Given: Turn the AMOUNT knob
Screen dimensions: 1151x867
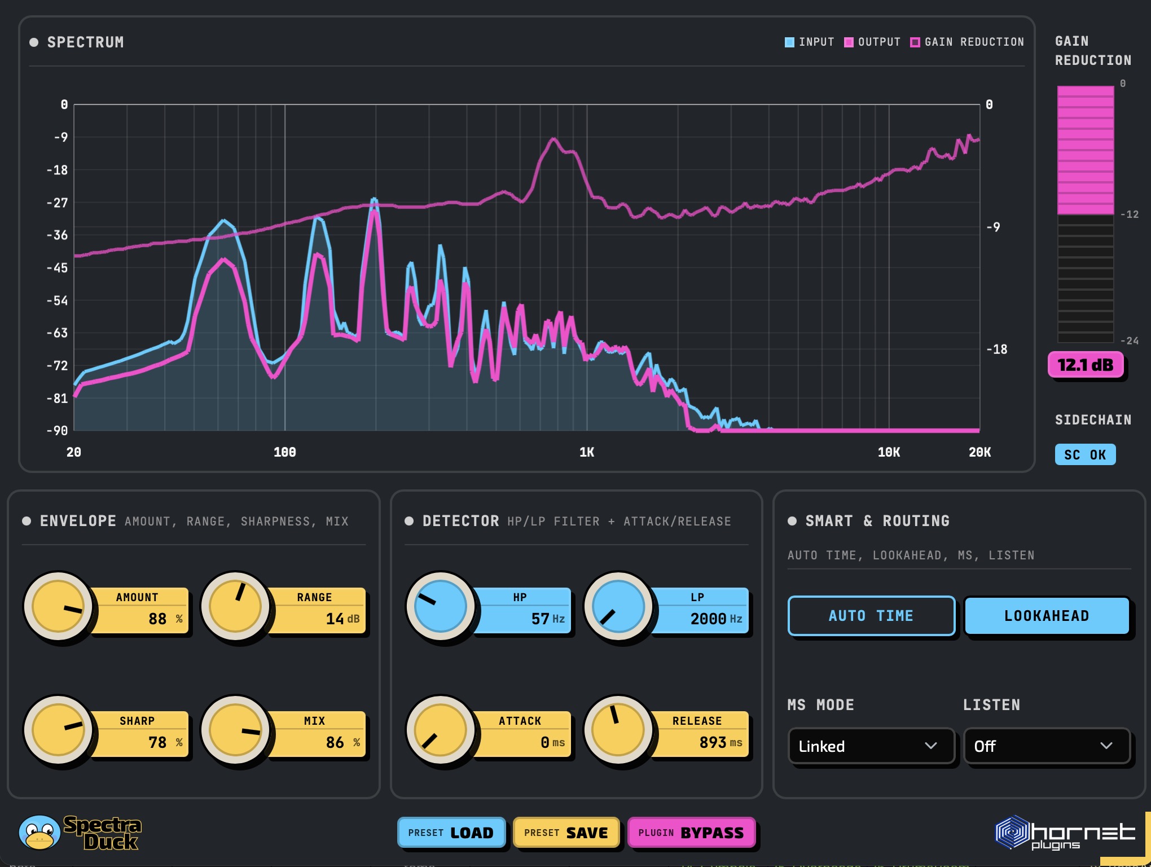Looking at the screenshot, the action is click(x=58, y=606).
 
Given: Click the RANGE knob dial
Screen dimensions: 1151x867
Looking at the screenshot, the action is click(x=235, y=606).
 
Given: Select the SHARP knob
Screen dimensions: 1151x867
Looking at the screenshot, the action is click(x=58, y=730).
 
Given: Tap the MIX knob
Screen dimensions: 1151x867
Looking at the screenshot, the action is click(x=235, y=730).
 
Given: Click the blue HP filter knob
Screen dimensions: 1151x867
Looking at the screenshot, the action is click(x=441, y=606).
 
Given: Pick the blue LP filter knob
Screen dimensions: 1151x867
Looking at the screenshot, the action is click(x=618, y=606).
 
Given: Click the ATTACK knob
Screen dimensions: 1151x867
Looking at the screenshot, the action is click(x=441, y=730).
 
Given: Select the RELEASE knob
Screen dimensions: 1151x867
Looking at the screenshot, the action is click(x=618, y=730).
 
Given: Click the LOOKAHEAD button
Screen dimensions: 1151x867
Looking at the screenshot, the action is click(x=1047, y=616).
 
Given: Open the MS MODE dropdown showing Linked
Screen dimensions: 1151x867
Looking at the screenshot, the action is click(x=871, y=746).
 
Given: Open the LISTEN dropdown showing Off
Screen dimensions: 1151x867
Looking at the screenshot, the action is click(x=1047, y=746).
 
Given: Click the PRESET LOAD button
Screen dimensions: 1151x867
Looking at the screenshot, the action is click(x=451, y=833).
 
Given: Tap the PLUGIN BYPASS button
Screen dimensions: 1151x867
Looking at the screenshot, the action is click(x=691, y=833).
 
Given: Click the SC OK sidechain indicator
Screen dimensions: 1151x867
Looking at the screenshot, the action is click(x=1085, y=455).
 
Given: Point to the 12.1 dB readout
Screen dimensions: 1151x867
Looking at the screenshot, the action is click(x=1086, y=365).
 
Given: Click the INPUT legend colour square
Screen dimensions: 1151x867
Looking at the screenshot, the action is click(x=789, y=42).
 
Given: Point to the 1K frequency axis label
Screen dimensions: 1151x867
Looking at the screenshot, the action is click(x=587, y=452).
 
